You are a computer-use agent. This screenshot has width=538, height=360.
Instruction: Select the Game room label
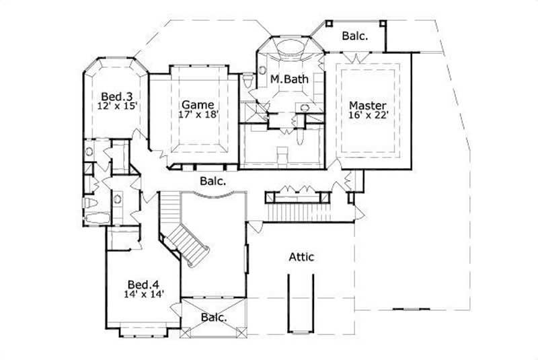pyautogui.click(x=198, y=104)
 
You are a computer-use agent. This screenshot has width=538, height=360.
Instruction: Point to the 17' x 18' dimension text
pyautogui.click(x=198, y=114)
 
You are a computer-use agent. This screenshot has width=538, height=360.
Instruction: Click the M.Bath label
pyautogui.click(x=289, y=79)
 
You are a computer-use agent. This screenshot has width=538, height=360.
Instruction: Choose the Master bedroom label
pyautogui.click(x=367, y=106)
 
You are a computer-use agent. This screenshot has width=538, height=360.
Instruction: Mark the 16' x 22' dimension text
pyautogui.click(x=367, y=116)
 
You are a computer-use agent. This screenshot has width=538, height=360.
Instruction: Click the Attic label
pyautogui.click(x=302, y=256)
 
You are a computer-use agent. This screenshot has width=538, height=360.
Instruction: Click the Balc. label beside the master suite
pyautogui.click(x=354, y=36)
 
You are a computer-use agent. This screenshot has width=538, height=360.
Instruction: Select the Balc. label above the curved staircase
pyautogui.click(x=212, y=180)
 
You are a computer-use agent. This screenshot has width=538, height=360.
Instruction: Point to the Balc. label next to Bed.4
pyautogui.click(x=213, y=316)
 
